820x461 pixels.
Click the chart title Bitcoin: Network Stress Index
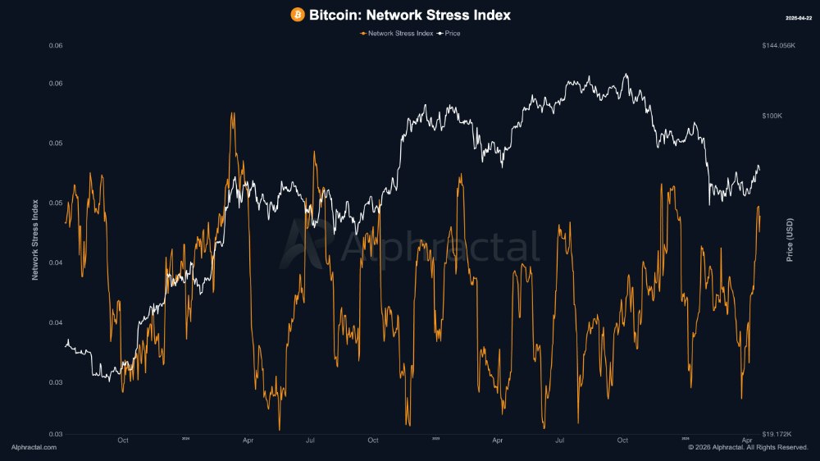click(409, 15)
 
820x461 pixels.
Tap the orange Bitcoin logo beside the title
click(298, 15)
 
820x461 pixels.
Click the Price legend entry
click(452, 34)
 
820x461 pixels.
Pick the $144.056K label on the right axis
click(778, 46)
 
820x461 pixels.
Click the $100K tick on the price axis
click(772, 116)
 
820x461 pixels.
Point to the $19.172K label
click(777, 433)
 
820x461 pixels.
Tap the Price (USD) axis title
click(790, 240)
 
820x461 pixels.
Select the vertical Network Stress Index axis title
click(35, 240)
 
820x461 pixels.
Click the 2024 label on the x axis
click(185, 439)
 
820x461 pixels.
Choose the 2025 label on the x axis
click(435, 439)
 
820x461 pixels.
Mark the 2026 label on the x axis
click(686, 439)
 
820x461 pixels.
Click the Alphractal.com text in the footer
click(34, 447)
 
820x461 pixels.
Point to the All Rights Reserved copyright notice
click(748, 447)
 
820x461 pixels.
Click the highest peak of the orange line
click(233, 113)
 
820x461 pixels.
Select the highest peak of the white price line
click(626, 75)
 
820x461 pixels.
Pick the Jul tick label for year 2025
click(560, 440)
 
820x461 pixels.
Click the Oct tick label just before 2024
click(123, 440)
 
